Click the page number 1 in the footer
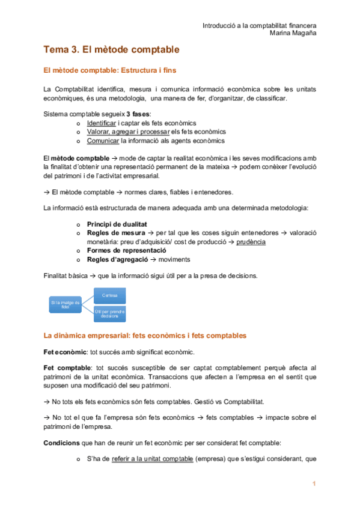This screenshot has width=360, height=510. pyautogui.click(x=313, y=484)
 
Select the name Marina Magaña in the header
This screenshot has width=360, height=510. pyautogui.click(x=293, y=33)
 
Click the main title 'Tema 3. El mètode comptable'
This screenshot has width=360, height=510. pyautogui.click(x=112, y=49)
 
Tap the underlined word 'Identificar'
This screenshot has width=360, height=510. pyautogui.click(x=102, y=123)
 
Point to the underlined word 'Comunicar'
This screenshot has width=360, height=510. pyautogui.click(x=103, y=141)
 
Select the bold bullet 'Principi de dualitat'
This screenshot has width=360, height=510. pyautogui.click(x=117, y=224)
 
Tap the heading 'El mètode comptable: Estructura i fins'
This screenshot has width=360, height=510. pyautogui.click(x=110, y=71)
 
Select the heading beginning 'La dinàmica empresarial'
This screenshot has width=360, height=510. pyautogui.click(x=145, y=335)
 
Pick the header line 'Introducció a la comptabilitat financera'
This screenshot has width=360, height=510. pyautogui.click(x=259, y=26)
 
